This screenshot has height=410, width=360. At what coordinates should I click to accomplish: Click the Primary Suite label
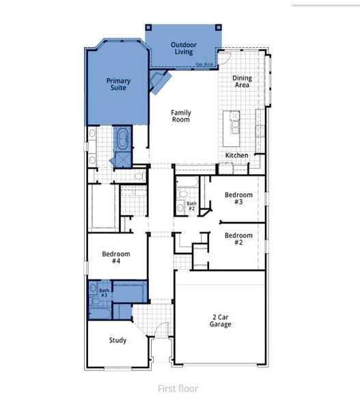[118, 84]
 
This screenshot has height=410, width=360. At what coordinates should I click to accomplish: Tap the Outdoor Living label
[182, 48]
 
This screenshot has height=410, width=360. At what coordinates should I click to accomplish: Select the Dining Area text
[242, 82]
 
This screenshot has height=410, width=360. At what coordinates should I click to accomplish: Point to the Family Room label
[180, 116]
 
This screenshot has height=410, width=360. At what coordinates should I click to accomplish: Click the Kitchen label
[237, 156]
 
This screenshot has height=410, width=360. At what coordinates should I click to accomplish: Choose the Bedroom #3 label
[238, 199]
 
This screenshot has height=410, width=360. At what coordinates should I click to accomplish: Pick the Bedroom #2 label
[238, 239]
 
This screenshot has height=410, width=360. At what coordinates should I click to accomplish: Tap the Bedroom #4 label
[115, 258]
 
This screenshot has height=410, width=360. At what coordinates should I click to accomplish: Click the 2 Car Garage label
[220, 320]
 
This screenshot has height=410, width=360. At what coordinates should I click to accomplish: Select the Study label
[117, 340]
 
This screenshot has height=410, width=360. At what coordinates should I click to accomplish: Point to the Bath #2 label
[192, 205]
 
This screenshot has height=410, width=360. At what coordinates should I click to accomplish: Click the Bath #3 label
[104, 293]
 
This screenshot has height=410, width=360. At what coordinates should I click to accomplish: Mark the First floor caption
[178, 389]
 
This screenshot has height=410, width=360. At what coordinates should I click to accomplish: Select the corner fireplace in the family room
[160, 82]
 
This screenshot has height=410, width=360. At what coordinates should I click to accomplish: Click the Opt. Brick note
[204, 65]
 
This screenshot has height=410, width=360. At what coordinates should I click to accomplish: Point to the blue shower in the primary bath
[124, 159]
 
